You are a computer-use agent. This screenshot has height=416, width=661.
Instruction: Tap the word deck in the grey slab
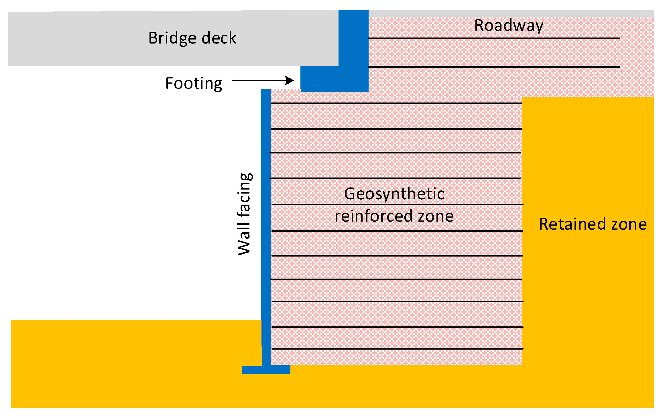[219, 38]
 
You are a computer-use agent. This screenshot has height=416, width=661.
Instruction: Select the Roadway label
[509, 26]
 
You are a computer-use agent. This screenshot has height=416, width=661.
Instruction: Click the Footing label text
[194, 84]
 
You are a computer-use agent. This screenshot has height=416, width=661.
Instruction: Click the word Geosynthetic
[394, 194]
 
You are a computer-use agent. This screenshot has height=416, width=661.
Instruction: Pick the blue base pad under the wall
[266, 370]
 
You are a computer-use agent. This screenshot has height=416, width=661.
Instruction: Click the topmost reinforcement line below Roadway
[494, 38]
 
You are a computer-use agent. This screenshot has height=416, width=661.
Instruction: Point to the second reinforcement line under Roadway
[494, 67]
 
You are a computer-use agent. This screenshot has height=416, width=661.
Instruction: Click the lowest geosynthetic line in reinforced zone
[397, 349]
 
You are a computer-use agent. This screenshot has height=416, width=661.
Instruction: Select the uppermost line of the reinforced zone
[396, 103]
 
